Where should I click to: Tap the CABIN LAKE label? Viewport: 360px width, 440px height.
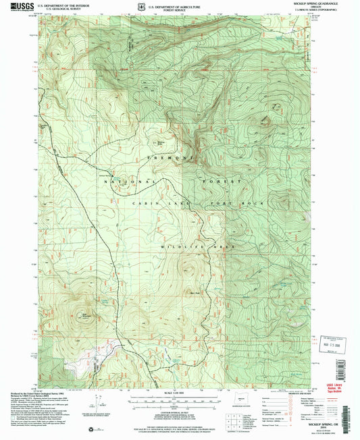(x=156, y=203)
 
